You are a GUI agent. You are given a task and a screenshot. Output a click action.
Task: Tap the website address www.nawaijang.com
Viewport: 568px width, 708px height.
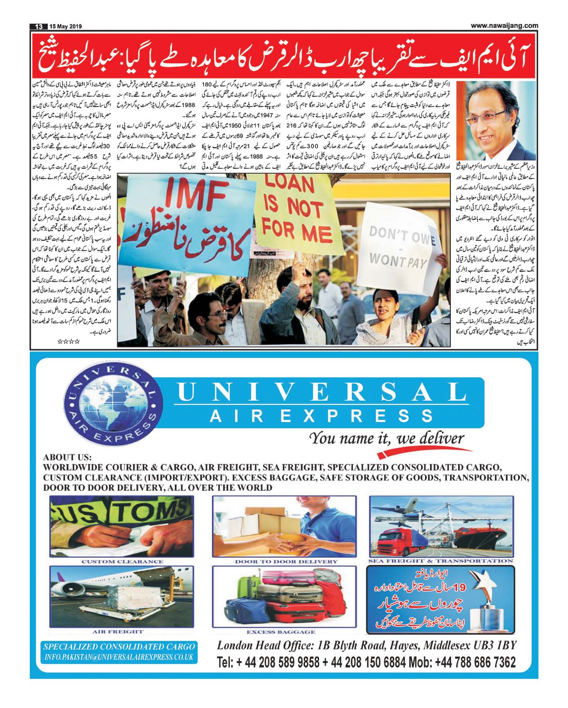click(x=504, y=26)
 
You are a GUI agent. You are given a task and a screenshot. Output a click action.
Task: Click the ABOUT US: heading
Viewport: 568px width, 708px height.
click(x=67, y=457)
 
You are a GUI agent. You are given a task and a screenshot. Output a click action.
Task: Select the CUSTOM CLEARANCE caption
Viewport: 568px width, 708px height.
click(x=122, y=561)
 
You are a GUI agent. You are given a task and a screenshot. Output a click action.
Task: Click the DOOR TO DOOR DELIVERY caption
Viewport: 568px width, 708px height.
click(x=286, y=561)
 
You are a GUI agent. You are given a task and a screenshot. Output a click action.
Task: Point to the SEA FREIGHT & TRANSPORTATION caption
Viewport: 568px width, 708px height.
click(x=440, y=561)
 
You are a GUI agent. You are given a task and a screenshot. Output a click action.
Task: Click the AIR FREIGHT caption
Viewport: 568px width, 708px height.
click(x=118, y=631)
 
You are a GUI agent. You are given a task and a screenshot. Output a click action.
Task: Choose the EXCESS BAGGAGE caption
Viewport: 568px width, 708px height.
click(x=280, y=632)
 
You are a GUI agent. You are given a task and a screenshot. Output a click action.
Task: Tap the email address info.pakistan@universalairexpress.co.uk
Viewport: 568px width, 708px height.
click(x=119, y=657)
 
